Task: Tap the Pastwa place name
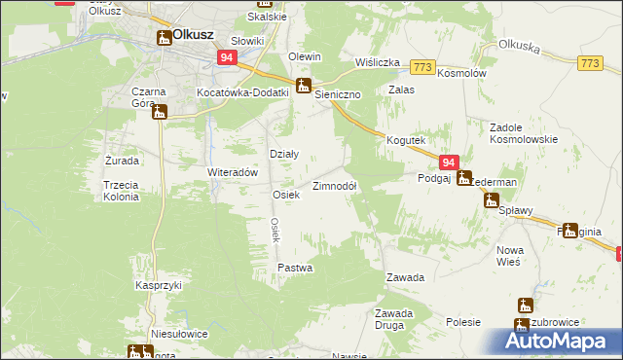pyautogui.click(x=294, y=267)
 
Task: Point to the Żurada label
pyautogui.click(x=122, y=160)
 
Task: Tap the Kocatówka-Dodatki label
pyautogui.click(x=243, y=91)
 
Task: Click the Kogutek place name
pyautogui.click(x=407, y=140)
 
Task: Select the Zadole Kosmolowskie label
pyautogui.click(x=523, y=132)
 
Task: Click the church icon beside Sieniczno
pyautogui.click(x=304, y=85)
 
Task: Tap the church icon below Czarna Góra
pyautogui.click(x=160, y=111)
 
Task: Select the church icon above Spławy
pyautogui.click(x=492, y=199)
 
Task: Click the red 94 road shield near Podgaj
pyautogui.click(x=448, y=163)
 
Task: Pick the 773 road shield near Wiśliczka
pyautogui.click(x=422, y=66)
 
